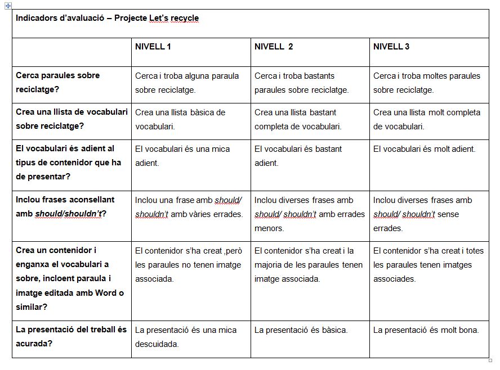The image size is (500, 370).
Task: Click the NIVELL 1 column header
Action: (153, 47)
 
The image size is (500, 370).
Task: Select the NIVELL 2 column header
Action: (274, 47)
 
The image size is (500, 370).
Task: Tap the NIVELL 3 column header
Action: (391, 47)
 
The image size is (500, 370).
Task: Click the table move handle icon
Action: (8, 5)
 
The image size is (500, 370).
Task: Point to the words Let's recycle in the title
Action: (174, 18)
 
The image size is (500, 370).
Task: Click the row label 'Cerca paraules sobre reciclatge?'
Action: (57, 82)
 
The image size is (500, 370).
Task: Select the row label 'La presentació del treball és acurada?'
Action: (71, 336)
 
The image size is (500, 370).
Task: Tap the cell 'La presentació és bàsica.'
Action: (301, 330)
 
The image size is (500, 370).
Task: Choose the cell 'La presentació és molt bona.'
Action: (426, 330)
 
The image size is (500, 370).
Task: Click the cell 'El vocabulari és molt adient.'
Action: (424, 149)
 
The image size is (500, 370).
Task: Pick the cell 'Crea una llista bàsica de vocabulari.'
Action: (180, 119)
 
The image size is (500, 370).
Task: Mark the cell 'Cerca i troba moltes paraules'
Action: (426, 83)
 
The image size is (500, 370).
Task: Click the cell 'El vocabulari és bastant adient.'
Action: (298, 156)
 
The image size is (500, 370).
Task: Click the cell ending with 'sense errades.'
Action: (423, 214)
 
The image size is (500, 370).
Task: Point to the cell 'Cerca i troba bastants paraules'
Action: (301, 83)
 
